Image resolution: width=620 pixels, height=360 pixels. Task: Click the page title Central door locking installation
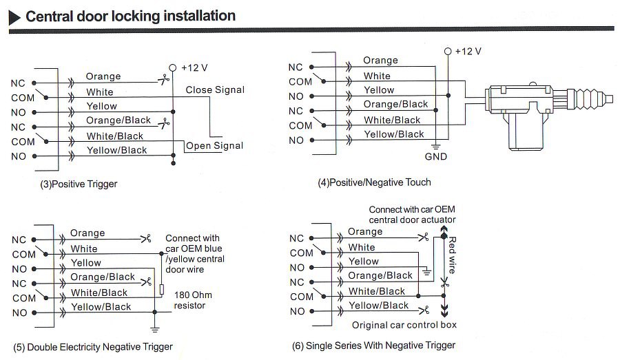(x=130, y=16)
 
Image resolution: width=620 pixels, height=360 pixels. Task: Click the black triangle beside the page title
(x=13, y=17)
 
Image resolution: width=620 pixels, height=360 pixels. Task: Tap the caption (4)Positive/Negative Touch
(x=374, y=182)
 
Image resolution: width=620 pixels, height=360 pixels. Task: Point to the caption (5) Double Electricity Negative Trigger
(x=93, y=346)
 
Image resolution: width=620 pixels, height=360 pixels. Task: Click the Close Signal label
(x=215, y=89)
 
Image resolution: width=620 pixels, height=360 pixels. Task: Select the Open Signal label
(x=215, y=145)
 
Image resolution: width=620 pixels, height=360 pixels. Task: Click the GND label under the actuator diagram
(x=435, y=156)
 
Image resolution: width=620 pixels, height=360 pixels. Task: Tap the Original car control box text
(x=404, y=325)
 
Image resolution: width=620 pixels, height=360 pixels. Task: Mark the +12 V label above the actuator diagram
(x=468, y=51)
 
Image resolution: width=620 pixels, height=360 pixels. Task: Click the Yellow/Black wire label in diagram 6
(x=378, y=305)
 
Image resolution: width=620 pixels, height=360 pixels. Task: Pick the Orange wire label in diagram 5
(x=87, y=233)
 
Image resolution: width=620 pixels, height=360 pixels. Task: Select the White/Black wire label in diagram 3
(x=114, y=136)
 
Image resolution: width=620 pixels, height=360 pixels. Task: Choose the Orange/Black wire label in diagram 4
(x=395, y=104)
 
